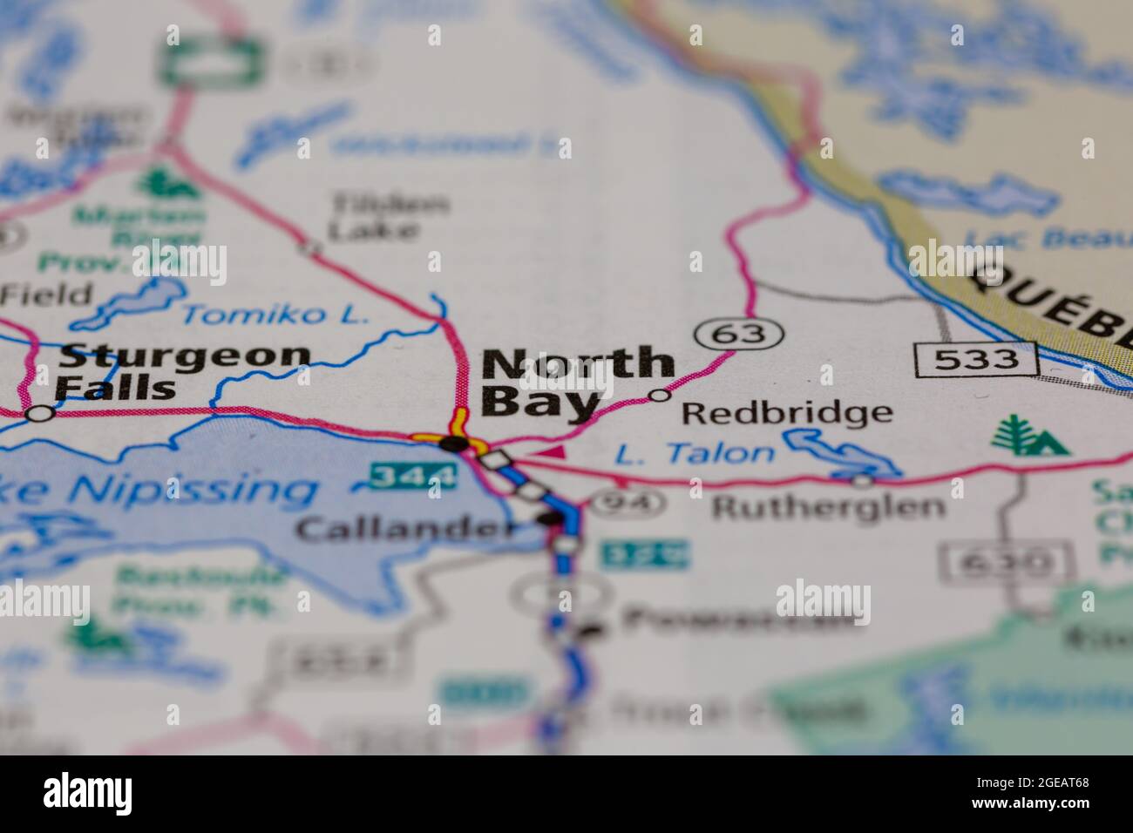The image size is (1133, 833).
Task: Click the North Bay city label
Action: [577, 382]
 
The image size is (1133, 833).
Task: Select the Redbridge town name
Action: [786, 412]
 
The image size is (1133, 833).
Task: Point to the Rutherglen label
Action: [828, 506]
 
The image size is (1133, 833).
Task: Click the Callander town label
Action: [404, 527]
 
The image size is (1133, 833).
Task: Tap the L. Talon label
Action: [694, 453]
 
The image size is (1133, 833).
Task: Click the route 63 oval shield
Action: [741, 333]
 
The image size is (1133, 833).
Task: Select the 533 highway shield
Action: [976, 359]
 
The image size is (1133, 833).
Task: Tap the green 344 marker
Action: [411, 476]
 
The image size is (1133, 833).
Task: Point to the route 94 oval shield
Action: [628, 502]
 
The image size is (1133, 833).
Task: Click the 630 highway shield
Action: [1006, 563]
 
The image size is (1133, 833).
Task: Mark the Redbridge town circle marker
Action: [660, 396]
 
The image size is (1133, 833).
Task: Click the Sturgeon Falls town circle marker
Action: [39, 414]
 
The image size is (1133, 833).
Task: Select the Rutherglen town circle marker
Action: [862, 480]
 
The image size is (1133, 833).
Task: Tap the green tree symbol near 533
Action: [1028, 437]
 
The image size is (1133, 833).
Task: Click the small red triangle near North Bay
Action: [550, 451]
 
